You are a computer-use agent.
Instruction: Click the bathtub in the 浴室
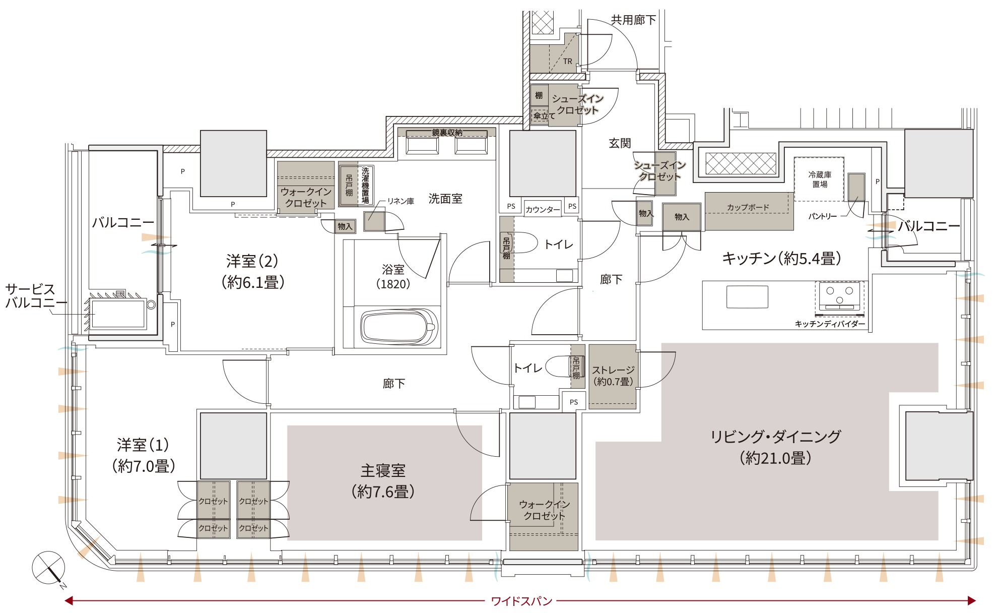point(398,327)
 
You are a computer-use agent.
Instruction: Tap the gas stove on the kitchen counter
point(839,295)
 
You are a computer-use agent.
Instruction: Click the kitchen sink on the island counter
point(747,297)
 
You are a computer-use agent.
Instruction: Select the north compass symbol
point(49,569)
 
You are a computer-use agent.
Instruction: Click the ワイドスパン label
point(521,601)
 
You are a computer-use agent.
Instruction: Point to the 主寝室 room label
point(383,471)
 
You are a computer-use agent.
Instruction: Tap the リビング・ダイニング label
point(775,437)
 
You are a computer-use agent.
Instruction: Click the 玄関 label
point(620,143)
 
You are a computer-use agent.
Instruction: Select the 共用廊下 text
point(633,20)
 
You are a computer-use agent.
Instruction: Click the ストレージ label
point(613,371)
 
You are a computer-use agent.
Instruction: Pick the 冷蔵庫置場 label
point(820,179)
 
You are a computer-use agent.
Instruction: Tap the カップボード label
point(748,207)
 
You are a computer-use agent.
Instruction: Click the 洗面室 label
point(445,199)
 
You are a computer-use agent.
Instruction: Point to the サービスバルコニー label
point(35,296)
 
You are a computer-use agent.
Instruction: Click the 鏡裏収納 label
point(447,133)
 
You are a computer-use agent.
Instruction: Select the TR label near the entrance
point(568,62)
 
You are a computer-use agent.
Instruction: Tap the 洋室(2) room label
point(252,261)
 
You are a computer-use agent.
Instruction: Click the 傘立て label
point(544,116)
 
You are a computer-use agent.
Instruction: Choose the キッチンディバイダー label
point(830,324)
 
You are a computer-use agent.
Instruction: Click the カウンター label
point(543,210)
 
